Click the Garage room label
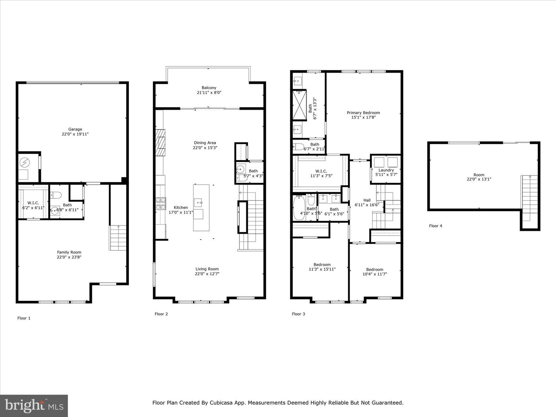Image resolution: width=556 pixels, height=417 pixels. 75,129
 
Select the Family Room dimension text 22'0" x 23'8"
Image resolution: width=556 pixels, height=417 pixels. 69,257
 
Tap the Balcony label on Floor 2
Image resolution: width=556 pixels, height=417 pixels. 209,88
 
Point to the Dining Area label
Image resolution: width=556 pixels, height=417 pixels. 205,143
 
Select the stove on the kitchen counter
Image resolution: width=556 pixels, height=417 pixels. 161,203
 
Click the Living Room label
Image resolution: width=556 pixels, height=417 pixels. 207,269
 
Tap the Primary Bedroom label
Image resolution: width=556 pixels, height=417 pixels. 363,113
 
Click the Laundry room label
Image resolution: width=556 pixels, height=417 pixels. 386,170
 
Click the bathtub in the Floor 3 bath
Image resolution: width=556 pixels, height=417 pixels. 299,208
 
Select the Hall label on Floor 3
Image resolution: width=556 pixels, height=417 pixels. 367,200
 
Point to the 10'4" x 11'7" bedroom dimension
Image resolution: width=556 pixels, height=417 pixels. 375,274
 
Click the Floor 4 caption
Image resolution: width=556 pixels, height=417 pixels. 436,226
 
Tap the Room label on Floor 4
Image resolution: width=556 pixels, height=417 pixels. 479,175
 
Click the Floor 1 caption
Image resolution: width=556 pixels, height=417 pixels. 24,318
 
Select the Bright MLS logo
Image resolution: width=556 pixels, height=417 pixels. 34,405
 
